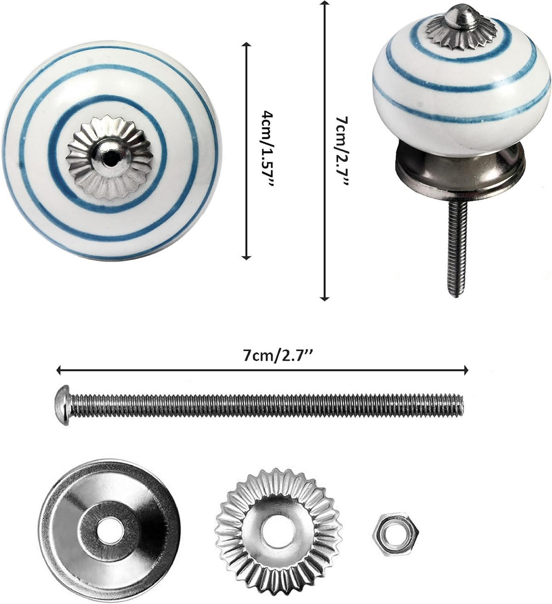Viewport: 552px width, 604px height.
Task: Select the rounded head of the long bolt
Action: tap(62, 399)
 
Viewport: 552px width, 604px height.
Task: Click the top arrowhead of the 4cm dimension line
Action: tap(247, 45)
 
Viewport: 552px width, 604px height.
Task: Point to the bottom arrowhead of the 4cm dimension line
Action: tap(247, 257)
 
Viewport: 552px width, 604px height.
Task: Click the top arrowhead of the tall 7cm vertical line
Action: tap(325, 4)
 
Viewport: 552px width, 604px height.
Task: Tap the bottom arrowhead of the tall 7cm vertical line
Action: tap(325, 298)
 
